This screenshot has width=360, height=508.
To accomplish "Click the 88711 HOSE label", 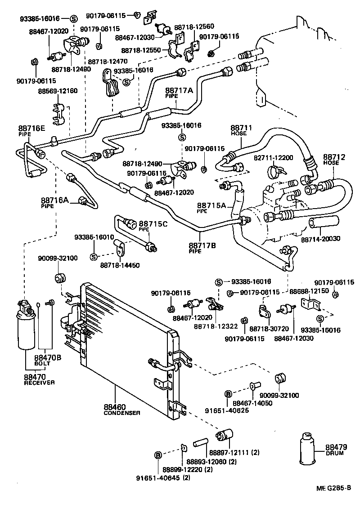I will (x=242, y=130).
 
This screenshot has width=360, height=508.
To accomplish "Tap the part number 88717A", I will (x=179, y=91).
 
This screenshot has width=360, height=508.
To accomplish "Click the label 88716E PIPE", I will (x=31, y=130).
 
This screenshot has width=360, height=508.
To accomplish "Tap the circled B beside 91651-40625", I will (x=228, y=394).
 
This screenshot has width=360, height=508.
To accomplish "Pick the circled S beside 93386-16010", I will (x=94, y=257).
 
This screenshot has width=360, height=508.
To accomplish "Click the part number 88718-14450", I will (x=120, y=265).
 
